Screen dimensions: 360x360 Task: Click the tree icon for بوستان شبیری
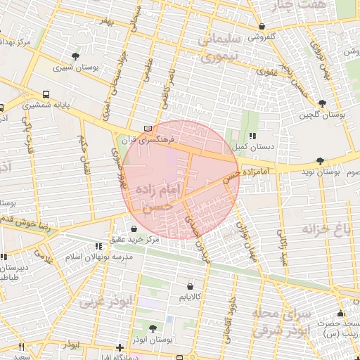[x=76, y=56]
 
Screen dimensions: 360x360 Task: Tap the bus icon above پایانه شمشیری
[x=46, y=94]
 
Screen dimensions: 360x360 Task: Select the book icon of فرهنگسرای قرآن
[x=147, y=129]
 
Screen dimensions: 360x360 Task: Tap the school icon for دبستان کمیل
[x=252, y=136]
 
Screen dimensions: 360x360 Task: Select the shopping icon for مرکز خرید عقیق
[x=134, y=228]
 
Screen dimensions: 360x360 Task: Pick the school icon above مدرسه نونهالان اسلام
[x=99, y=246]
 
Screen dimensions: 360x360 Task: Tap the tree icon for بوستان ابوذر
[x=153, y=327]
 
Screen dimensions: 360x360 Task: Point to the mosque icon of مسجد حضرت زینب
[x=341, y=313]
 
